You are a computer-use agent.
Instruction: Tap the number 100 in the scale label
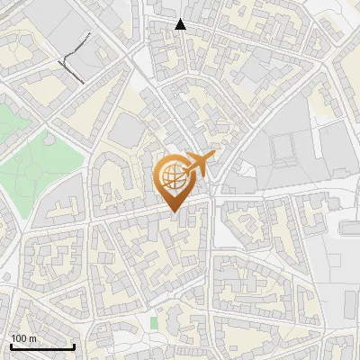19,338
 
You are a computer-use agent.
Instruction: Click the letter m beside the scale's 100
32,338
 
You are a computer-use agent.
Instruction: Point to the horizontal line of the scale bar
41,347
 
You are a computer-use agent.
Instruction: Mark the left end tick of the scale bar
10,346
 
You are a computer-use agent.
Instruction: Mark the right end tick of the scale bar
74,346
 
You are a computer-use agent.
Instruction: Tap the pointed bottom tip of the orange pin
173,211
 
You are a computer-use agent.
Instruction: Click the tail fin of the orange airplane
212,157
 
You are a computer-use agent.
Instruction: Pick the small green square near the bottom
154,321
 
